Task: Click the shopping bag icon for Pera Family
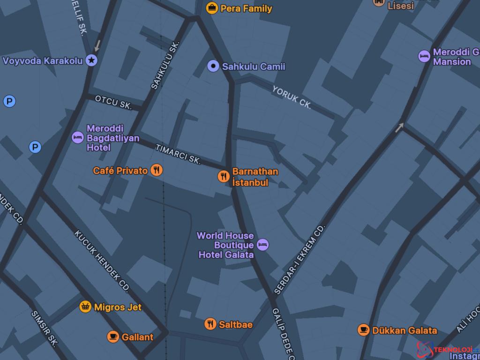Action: (x=212, y=8)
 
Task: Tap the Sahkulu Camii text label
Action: (x=253, y=67)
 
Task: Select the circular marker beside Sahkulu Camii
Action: (x=213, y=66)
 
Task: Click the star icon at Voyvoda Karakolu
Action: (x=92, y=60)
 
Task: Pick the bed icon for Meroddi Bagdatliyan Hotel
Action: (x=78, y=138)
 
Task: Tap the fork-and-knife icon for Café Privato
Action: (x=157, y=170)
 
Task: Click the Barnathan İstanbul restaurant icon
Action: (x=224, y=176)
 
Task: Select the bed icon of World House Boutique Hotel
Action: (x=263, y=244)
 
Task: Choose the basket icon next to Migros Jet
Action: (x=85, y=307)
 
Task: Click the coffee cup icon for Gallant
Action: (x=113, y=337)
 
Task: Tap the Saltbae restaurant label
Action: (x=235, y=324)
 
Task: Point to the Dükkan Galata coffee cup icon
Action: (x=363, y=330)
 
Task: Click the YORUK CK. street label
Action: (x=292, y=97)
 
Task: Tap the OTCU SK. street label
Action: (x=113, y=102)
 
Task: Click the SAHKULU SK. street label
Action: (x=165, y=66)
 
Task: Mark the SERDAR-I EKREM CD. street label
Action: (x=300, y=259)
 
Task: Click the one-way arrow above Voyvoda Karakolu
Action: (x=97, y=45)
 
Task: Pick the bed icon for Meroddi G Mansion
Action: (x=424, y=56)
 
